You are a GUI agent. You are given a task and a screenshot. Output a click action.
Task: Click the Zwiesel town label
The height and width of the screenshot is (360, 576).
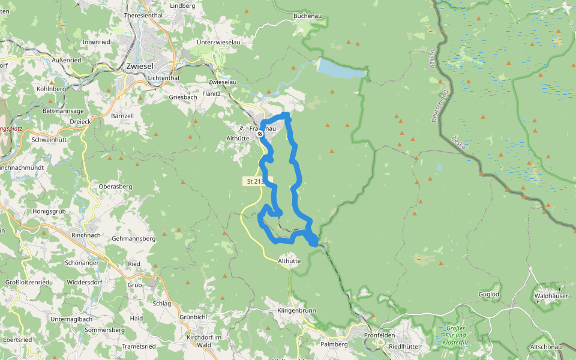coord(140,67)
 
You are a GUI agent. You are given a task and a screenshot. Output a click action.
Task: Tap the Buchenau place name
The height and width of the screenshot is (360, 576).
coord(308,16)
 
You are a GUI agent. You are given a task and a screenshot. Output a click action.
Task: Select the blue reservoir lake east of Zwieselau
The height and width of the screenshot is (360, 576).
coord(340,69)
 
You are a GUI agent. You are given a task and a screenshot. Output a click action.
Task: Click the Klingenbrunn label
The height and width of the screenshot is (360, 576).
coord(296,311)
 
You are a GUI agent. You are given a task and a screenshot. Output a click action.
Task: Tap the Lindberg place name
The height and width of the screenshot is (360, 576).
coord(183,5)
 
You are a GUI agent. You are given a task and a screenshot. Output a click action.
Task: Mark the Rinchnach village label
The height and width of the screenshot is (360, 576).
coord(86,235)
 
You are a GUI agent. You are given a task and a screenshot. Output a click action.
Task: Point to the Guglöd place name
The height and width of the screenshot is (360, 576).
coord(488,294)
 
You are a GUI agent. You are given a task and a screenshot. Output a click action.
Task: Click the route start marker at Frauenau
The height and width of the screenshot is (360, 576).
coord(260,134)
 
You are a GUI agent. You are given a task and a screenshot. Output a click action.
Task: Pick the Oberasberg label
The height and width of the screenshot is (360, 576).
coord(115,187)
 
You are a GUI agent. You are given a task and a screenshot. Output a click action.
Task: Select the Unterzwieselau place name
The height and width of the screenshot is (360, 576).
coord(218,43)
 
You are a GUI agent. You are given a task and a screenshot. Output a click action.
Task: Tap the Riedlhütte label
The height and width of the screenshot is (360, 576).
coord(403,346)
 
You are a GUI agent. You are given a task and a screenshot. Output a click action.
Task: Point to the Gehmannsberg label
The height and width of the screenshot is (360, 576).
coord(134,238)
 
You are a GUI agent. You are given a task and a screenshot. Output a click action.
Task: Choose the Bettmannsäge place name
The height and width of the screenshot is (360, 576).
coord(62,111)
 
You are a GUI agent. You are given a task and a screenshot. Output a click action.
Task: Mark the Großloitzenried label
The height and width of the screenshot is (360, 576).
coord(27,281)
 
